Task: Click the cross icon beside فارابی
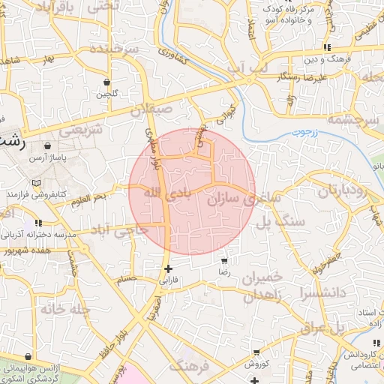click(x=168, y=268)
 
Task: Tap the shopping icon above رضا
click(x=223, y=260)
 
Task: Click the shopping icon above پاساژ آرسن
click(x=49, y=145)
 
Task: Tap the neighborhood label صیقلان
click(x=151, y=109)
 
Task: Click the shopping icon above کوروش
click(x=257, y=352)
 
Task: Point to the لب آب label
click(x=247, y=68)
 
